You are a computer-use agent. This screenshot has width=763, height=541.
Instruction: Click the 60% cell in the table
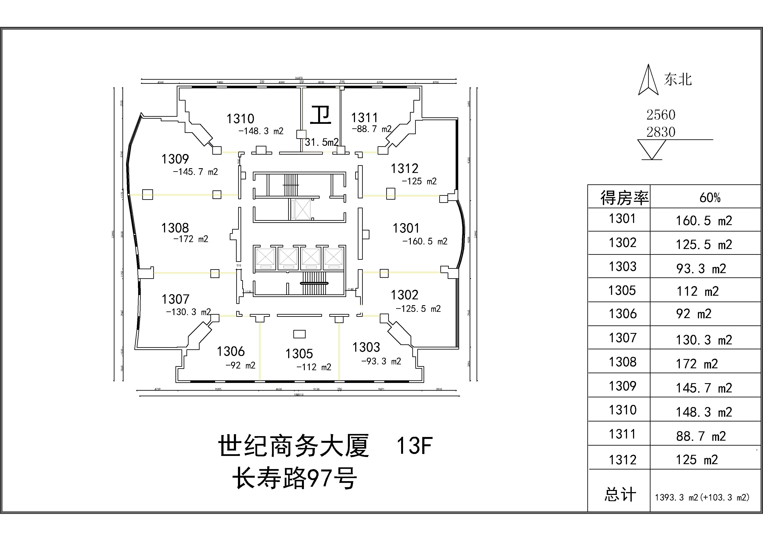[x=710, y=197]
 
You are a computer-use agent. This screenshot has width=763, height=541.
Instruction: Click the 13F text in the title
[x=414, y=445]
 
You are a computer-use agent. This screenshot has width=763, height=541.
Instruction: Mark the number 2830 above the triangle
[x=661, y=132]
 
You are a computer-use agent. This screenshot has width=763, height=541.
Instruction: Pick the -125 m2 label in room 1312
[x=419, y=181]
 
